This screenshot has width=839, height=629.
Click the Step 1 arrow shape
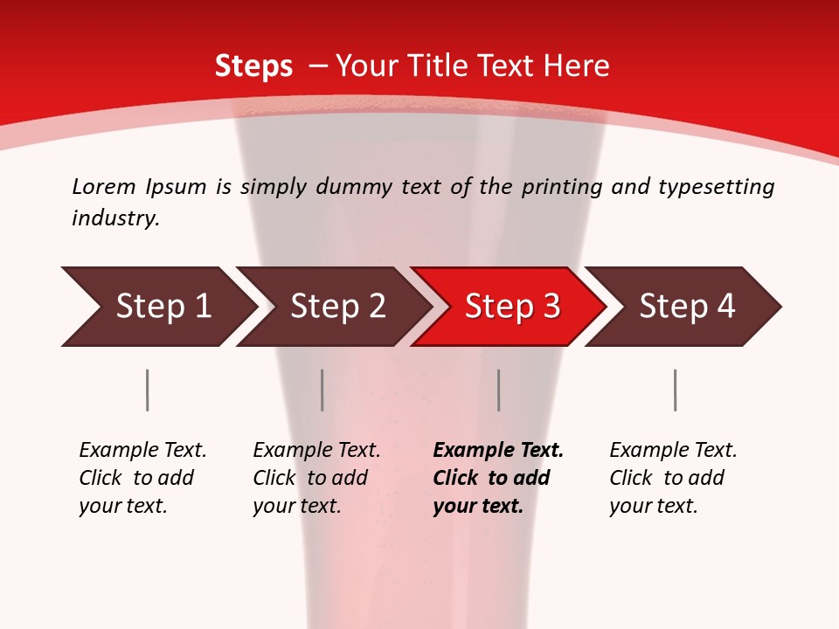(157, 307)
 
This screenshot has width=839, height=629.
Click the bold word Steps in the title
(253, 66)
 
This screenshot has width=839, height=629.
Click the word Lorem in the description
(104, 186)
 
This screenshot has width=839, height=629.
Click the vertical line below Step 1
(147, 390)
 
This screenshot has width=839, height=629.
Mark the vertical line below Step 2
(322, 390)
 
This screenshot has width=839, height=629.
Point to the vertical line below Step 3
(498, 390)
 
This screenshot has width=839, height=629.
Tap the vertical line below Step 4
(675, 390)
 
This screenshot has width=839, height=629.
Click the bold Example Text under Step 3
(498, 450)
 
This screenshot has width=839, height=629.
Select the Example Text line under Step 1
(142, 450)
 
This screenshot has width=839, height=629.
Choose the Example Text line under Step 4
(673, 450)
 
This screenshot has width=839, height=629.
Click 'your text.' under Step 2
(297, 506)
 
